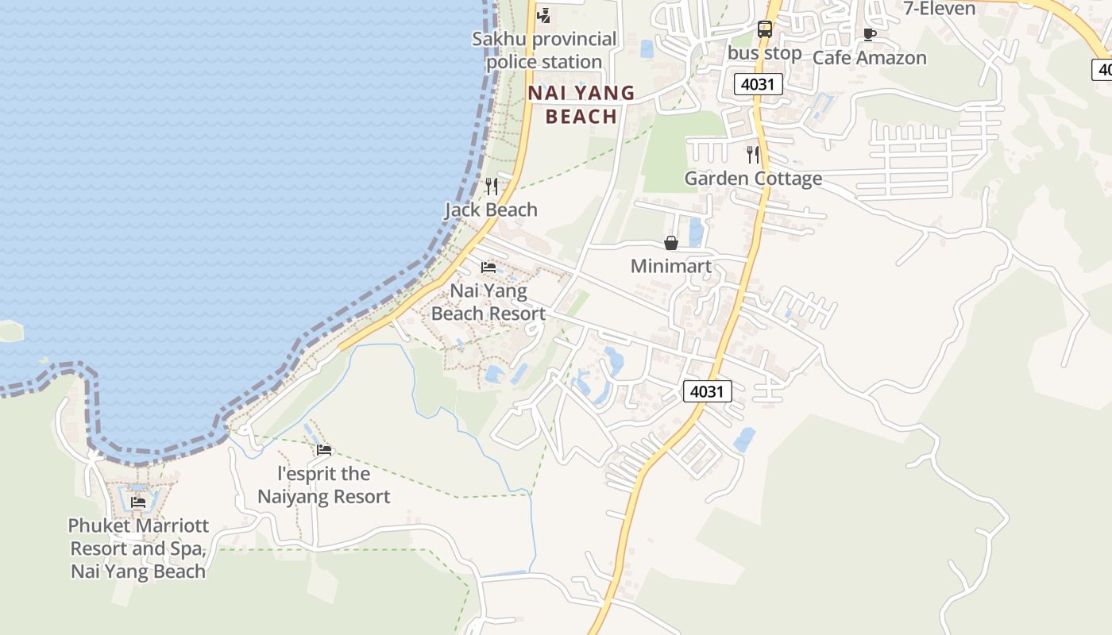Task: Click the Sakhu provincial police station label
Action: click(544, 50)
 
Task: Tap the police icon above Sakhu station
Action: click(544, 15)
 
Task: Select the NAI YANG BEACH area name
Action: click(582, 105)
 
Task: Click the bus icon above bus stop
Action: click(765, 30)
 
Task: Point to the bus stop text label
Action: click(765, 53)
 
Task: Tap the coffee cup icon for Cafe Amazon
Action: click(869, 34)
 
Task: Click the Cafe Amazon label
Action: click(869, 58)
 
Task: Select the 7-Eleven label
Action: click(940, 9)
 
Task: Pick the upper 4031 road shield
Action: click(759, 84)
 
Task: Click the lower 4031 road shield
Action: click(707, 391)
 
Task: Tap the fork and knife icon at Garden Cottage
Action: click(753, 155)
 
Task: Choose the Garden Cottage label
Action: click(753, 179)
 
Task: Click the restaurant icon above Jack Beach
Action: click(492, 187)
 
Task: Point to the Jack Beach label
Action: click(491, 210)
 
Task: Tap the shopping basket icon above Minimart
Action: click(671, 243)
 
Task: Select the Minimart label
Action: click(671, 267)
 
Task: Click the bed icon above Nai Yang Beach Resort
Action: click(488, 267)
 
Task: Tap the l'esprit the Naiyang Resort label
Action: click(324, 485)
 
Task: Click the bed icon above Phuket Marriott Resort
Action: click(138, 502)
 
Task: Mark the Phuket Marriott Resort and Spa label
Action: click(138, 548)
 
